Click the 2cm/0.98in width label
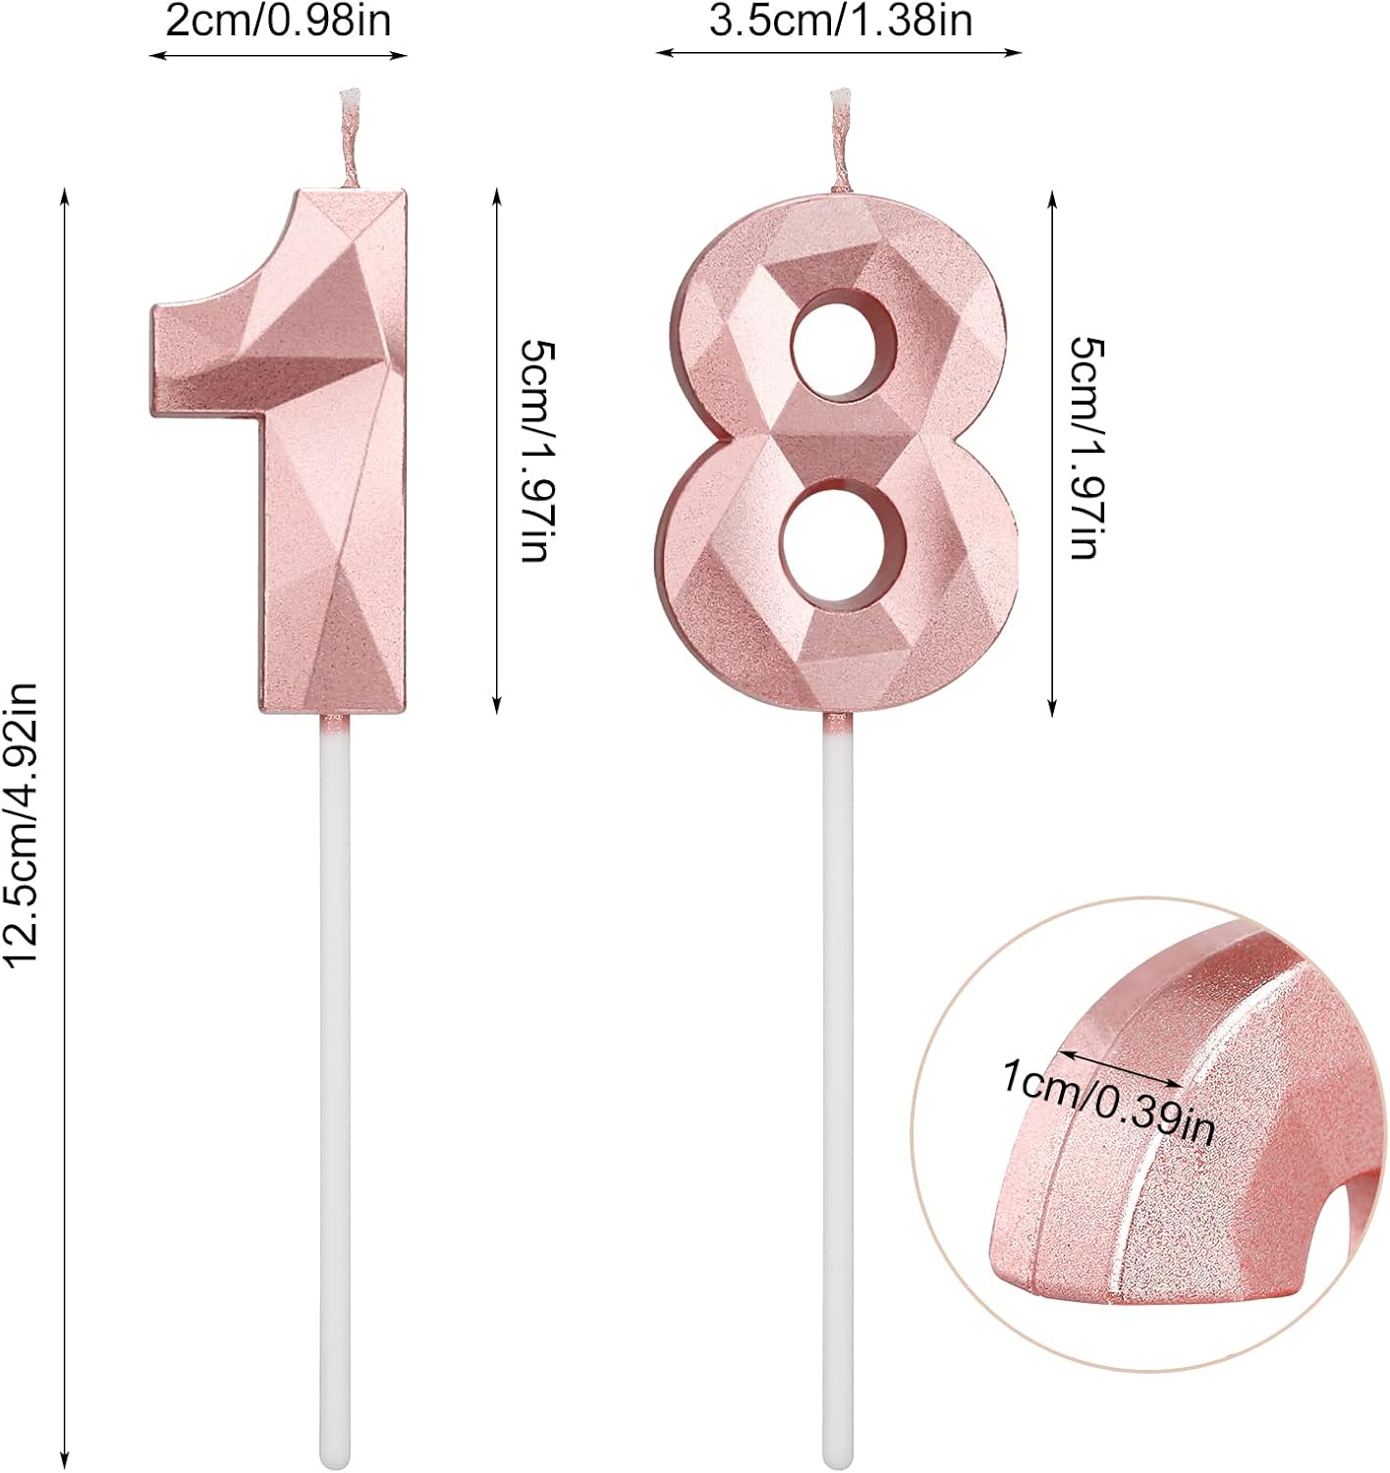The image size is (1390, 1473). [278, 22]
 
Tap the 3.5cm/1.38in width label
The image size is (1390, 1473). [841, 22]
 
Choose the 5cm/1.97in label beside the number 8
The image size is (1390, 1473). [1087, 448]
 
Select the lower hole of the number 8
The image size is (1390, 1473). [843, 549]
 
